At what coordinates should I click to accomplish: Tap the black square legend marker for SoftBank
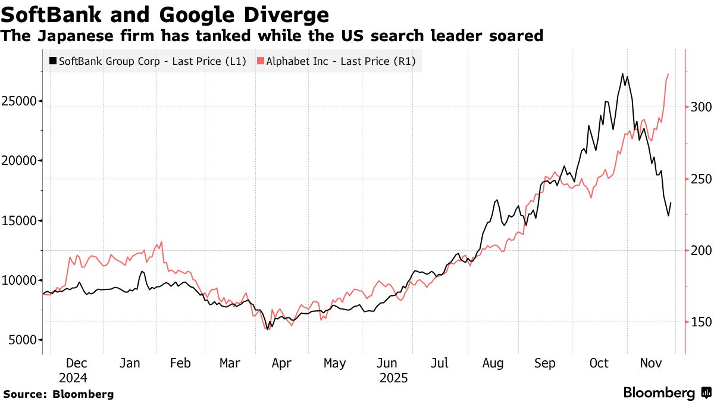pos(53,61)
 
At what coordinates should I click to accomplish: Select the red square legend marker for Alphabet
pos(260,61)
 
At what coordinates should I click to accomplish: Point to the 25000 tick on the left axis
pos(20,101)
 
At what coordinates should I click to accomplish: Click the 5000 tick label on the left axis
pos(23,340)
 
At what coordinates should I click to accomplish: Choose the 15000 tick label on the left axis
pos(20,221)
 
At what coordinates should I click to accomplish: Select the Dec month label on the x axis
pos(77,363)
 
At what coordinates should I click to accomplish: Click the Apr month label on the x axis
pos(281,363)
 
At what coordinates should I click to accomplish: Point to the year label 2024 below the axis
pos(73,378)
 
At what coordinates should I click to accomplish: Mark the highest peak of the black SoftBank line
pos(622,74)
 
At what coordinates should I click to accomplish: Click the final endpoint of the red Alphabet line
pos(669,74)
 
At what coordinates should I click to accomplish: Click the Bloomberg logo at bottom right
pos(666,393)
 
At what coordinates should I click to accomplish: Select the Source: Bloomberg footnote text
pos(58,394)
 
